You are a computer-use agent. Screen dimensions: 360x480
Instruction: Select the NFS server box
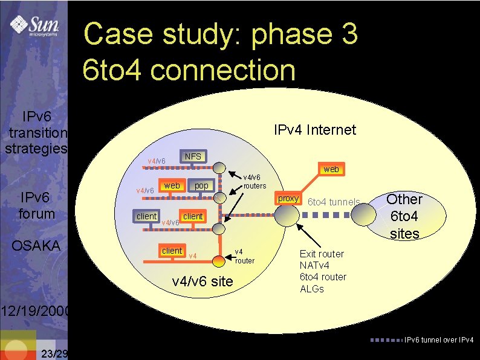tap(193, 156)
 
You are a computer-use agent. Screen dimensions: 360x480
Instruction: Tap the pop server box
tap(201, 185)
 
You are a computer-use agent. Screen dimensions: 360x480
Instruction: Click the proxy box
tap(288, 198)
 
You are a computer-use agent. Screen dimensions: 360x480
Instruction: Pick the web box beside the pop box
tap(172, 185)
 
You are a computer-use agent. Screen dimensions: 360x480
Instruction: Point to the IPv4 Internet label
tap(315, 130)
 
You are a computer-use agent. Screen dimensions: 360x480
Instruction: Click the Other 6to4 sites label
tap(404, 216)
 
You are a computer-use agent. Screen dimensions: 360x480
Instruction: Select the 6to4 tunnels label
tap(334, 202)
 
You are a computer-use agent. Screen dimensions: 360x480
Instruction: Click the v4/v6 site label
tap(203, 281)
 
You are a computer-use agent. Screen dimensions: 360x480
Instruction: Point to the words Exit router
tap(322, 254)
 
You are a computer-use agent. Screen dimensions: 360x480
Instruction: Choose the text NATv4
tap(314, 265)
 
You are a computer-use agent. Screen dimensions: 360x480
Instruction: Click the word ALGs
tap(312, 288)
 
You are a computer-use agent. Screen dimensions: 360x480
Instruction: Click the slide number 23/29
tap(55, 353)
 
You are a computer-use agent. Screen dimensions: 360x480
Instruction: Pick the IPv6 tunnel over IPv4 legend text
tap(439, 339)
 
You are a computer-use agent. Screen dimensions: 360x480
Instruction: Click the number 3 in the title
tap(348, 34)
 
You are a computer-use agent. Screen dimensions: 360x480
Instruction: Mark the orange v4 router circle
tap(219, 261)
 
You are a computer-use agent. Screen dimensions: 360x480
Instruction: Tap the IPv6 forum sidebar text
tap(36, 205)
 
